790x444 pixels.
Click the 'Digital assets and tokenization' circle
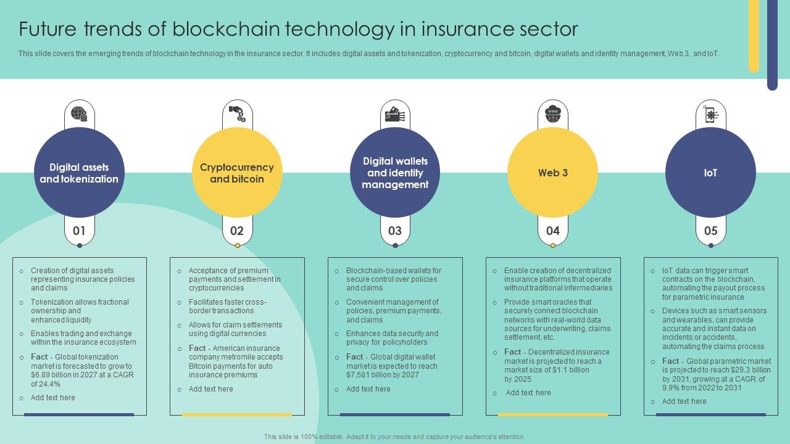click(x=79, y=173)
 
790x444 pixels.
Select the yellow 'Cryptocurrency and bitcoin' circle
click(x=237, y=173)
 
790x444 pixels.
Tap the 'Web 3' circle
click(x=552, y=173)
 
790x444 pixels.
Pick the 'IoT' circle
click(x=710, y=173)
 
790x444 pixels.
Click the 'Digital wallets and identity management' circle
click(x=395, y=173)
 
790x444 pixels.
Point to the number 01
click(x=79, y=231)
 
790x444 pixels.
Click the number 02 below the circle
click(x=237, y=231)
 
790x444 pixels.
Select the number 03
click(x=395, y=231)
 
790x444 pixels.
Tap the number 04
click(x=552, y=231)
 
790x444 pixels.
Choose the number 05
click(x=710, y=231)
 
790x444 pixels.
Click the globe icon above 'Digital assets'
click(x=79, y=114)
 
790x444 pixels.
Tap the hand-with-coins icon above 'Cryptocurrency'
click(x=237, y=114)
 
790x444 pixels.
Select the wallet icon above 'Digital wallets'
click(x=395, y=114)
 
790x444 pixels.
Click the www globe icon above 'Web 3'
click(x=552, y=114)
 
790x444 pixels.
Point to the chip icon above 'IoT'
click(x=710, y=114)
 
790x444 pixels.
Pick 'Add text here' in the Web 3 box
click(x=528, y=393)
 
